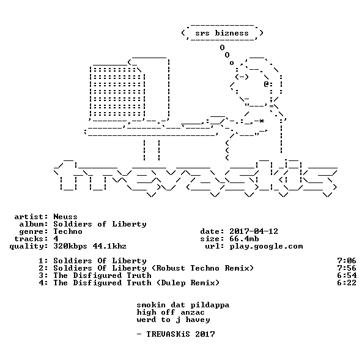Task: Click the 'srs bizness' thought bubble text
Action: [x=222, y=33]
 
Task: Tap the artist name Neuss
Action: [x=65, y=217]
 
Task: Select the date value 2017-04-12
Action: [x=254, y=231]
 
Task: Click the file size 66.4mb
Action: [x=244, y=239]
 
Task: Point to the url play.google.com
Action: [x=266, y=246]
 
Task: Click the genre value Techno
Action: [x=68, y=231]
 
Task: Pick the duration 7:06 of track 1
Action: [x=347, y=261]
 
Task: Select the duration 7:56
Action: [x=347, y=268]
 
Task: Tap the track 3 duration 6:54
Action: [x=347, y=276]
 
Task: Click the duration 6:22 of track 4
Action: [x=347, y=283]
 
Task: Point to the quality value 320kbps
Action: [x=70, y=246]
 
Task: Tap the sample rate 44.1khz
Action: [x=109, y=246]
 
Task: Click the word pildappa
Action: [x=210, y=305]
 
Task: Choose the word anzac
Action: [x=193, y=313]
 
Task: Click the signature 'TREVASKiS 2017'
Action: [x=180, y=334]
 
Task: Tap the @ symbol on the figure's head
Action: [x=266, y=84]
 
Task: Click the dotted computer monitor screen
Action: [x=117, y=92]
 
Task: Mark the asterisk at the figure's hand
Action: [x=261, y=121]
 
